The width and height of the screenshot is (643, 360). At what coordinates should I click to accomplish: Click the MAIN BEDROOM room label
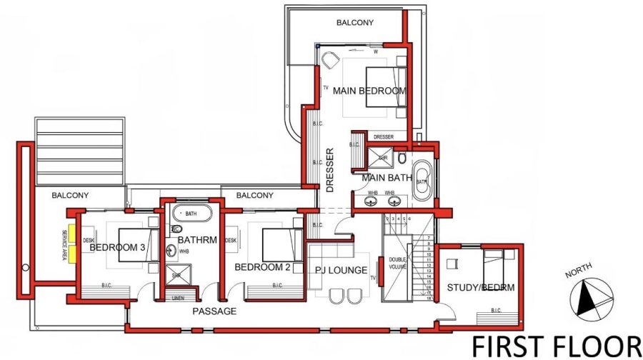coord(369,91)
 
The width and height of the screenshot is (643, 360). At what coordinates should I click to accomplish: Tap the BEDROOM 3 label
coord(118,248)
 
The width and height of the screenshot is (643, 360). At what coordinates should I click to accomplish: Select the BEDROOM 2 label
coord(262,267)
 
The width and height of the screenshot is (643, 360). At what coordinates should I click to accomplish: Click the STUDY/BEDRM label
coord(481,288)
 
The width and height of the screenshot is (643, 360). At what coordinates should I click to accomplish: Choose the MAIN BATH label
coord(387,177)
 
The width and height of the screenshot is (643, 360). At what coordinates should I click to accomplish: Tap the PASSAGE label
coord(214,311)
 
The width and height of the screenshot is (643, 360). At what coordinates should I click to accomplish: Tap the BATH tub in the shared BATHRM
coord(191,213)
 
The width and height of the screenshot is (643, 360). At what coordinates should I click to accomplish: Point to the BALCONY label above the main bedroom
coord(355,23)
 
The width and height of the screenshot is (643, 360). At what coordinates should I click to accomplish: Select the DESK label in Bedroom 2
coord(231,241)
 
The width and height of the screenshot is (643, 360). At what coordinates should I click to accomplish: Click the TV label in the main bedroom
coord(326,88)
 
